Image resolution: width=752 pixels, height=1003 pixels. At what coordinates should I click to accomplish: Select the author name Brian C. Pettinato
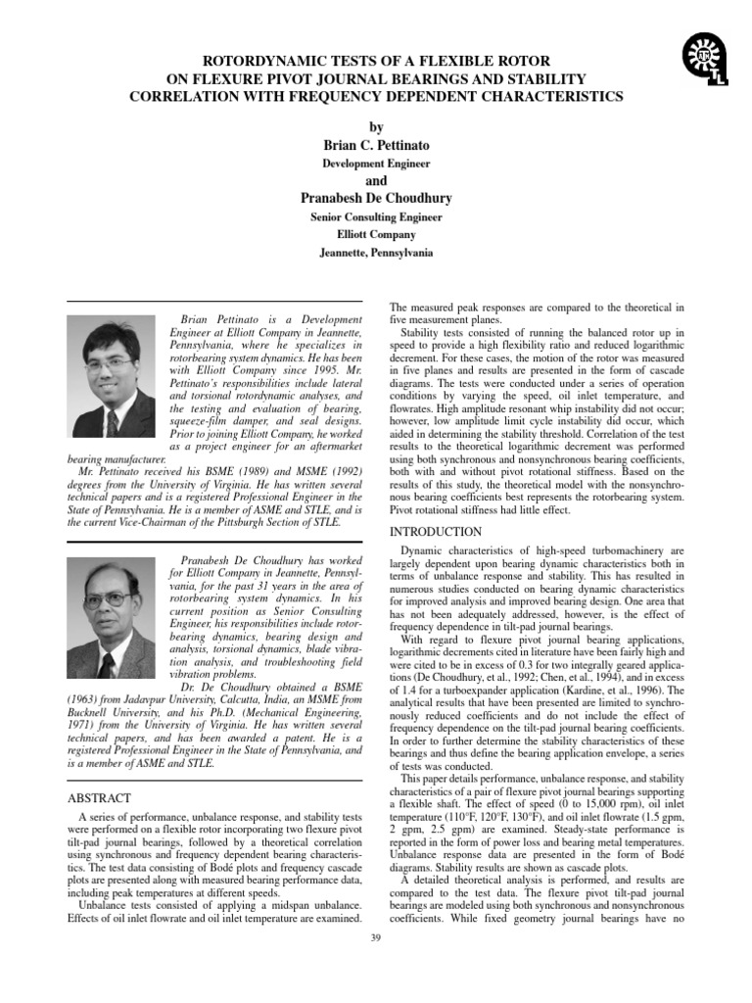[x=376, y=145]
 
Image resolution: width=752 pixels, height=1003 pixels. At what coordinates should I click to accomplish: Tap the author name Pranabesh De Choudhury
[x=376, y=199]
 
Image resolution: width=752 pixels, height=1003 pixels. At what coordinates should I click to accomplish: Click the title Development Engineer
[x=376, y=164]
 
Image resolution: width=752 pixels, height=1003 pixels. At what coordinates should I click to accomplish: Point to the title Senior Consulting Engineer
[x=376, y=217]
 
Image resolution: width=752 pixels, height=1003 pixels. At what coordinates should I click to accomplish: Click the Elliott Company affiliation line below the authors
[x=376, y=235]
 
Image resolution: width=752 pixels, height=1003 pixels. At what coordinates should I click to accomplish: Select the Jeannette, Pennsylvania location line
[x=376, y=253]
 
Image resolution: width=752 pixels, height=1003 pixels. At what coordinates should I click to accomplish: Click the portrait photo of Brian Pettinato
[x=110, y=377]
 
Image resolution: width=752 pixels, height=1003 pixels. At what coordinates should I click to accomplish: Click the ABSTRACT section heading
[x=98, y=798]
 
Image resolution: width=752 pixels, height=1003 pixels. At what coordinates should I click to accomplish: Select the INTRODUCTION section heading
[x=436, y=532]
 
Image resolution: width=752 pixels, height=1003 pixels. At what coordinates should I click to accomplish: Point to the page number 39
[x=376, y=939]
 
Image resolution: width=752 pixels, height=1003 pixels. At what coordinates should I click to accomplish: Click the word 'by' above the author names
[x=376, y=127]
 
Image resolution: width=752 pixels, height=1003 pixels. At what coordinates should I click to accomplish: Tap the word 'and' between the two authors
[x=376, y=181]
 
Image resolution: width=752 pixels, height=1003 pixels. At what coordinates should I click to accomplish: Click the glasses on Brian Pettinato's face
[x=111, y=361]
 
